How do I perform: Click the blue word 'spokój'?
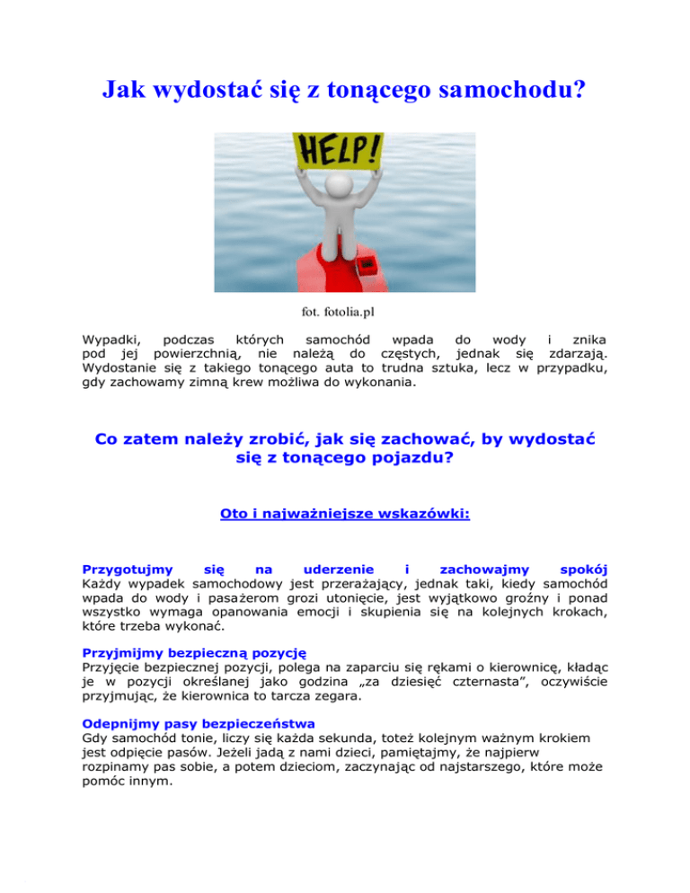click(584, 570)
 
